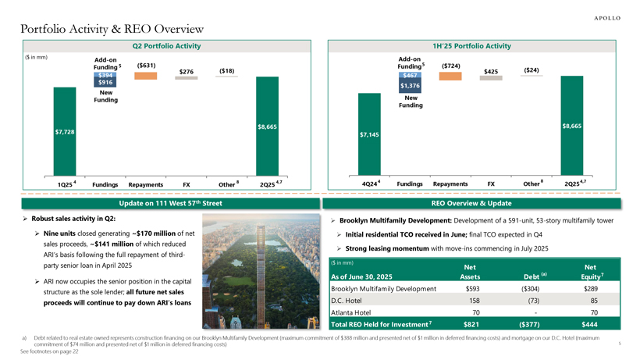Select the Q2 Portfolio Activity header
162,48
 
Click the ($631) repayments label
146,65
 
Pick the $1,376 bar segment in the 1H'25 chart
411,84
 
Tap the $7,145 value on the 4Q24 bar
368,135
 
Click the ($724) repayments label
450,65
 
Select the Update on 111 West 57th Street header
162,203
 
